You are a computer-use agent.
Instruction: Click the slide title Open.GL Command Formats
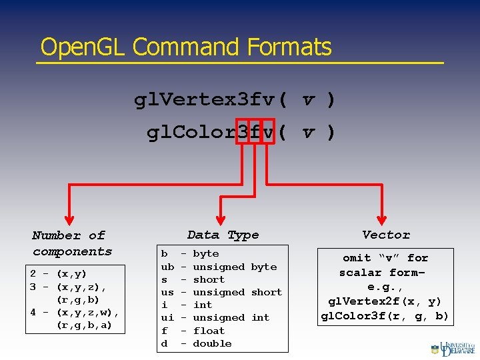click(x=185, y=47)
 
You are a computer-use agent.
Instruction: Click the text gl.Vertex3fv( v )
click(x=235, y=100)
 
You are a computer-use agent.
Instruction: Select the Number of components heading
click(x=72, y=243)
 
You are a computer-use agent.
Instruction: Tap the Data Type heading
click(x=223, y=235)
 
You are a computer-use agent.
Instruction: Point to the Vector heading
click(x=386, y=235)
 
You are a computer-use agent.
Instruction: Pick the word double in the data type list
click(x=212, y=343)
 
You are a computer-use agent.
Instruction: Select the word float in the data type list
click(x=209, y=331)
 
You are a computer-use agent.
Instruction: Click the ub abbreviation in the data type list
click(x=167, y=267)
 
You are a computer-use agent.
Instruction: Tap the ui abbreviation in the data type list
click(x=167, y=318)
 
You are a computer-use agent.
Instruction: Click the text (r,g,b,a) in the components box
click(x=85, y=325)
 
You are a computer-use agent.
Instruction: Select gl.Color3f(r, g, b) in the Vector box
click(x=385, y=316)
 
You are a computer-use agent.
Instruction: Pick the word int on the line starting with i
click(x=203, y=305)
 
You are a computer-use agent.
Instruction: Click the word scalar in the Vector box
click(x=361, y=272)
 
